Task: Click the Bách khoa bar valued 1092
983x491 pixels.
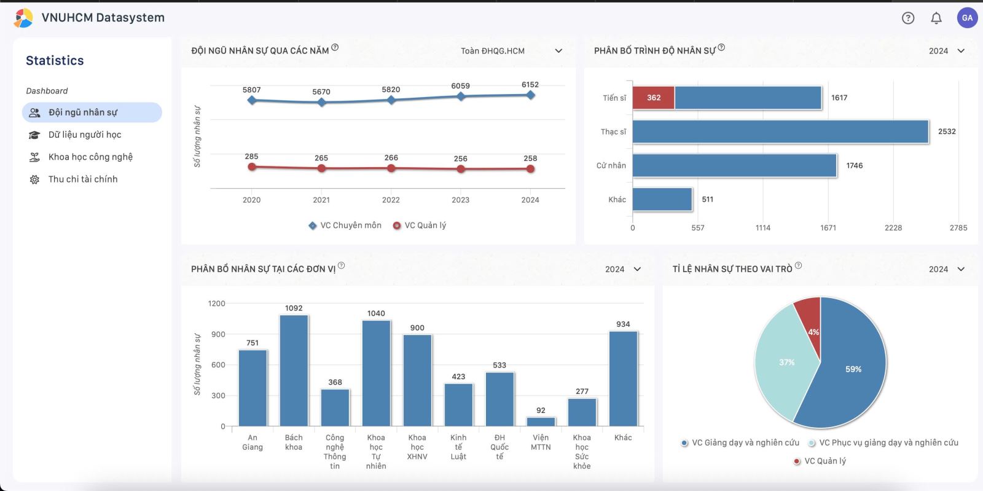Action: click(x=294, y=371)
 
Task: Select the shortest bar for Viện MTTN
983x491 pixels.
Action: click(x=541, y=422)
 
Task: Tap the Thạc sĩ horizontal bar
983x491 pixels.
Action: click(x=780, y=132)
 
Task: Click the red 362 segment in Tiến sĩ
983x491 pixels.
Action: click(x=654, y=98)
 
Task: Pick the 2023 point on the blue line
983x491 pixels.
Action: click(x=461, y=96)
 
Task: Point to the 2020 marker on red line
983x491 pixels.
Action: click(x=252, y=167)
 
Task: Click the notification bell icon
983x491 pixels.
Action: click(x=936, y=18)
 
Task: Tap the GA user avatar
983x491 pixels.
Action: click(x=967, y=18)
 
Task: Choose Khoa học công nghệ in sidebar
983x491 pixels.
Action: click(x=90, y=157)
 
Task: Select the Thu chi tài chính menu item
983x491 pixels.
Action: click(x=83, y=179)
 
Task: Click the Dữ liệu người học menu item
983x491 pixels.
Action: click(x=85, y=135)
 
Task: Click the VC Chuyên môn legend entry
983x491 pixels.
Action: click(x=345, y=226)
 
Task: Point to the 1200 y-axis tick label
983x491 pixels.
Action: click(x=216, y=304)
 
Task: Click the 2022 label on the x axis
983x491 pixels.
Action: click(x=391, y=200)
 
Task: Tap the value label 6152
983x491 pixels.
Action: click(x=530, y=85)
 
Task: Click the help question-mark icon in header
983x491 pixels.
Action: click(x=908, y=18)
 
